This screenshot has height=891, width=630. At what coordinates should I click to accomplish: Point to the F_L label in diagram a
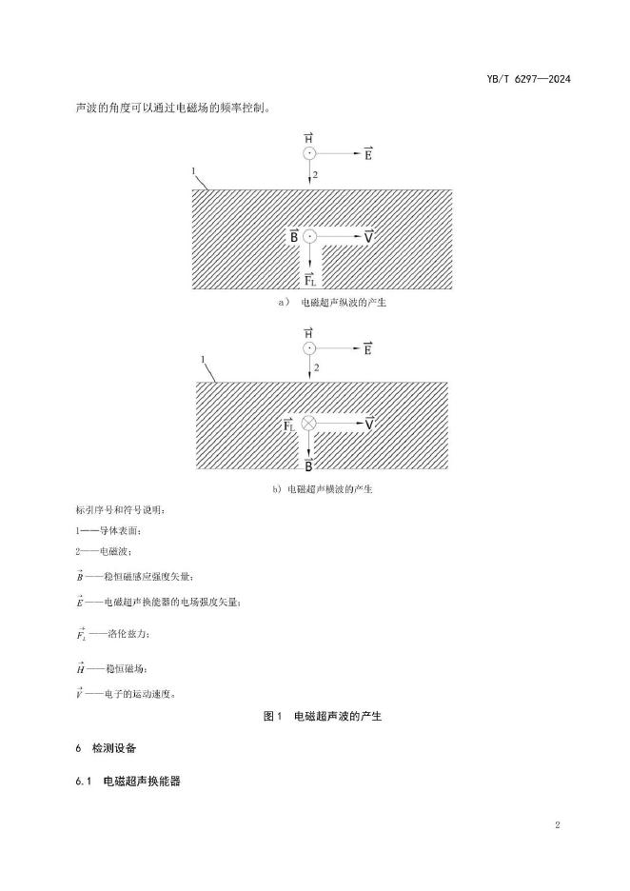[310, 278]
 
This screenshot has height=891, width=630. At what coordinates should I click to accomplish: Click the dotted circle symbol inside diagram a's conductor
[310, 236]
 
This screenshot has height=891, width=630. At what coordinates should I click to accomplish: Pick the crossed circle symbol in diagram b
[308, 424]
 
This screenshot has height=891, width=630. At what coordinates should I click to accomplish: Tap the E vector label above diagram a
[367, 153]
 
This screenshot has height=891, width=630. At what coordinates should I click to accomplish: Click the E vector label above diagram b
[367, 348]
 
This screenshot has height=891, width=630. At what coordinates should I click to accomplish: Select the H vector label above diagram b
[308, 332]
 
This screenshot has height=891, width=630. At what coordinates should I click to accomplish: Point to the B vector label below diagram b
[308, 465]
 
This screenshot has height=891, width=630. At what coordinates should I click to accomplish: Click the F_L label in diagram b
[289, 425]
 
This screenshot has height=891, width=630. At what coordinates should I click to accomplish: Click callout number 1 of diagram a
[194, 171]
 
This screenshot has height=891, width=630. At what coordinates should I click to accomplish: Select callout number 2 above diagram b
[316, 366]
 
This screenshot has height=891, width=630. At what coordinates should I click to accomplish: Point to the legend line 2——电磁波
[104, 551]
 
